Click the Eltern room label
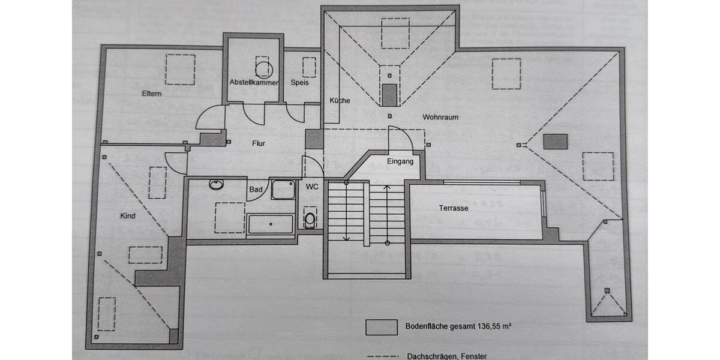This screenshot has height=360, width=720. [x=152, y=94]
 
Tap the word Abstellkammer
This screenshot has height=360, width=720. [x=254, y=82]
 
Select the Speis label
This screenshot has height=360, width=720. [x=299, y=82]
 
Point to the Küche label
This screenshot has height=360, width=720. [x=340, y=101]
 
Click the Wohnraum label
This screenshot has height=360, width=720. [x=440, y=117]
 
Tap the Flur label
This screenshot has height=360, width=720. [x=259, y=143]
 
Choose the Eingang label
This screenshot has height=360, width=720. [x=400, y=162]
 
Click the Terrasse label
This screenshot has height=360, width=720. [x=453, y=208]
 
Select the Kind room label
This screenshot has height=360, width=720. [x=128, y=216]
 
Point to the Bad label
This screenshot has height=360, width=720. [x=255, y=190]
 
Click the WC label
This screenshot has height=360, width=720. [x=311, y=187]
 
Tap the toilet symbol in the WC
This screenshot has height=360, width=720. [x=310, y=218]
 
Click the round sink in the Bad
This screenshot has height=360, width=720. [x=216, y=184]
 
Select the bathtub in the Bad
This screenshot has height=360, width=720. [x=271, y=224]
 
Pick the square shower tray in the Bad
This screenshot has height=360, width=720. [x=283, y=190]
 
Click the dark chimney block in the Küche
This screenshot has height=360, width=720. [x=390, y=95]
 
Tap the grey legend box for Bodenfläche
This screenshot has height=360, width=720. [x=382, y=327]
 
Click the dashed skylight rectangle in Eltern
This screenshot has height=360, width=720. [x=180, y=70]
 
